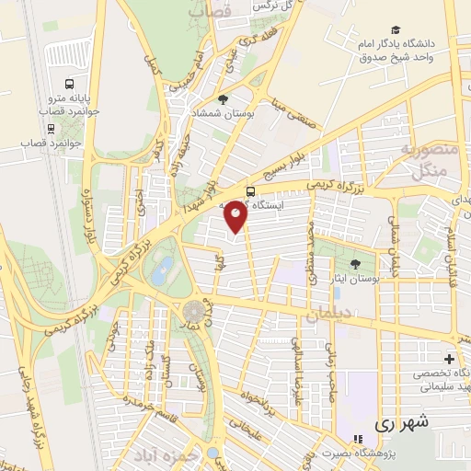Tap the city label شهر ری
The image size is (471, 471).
pyautogui.click(x=403, y=424)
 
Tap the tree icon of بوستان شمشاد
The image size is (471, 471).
pyautogui.click(x=222, y=98)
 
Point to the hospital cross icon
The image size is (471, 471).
pyautogui.click(x=449, y=358)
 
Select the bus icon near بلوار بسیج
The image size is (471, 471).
pyautogui.click(x=252, y=191)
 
